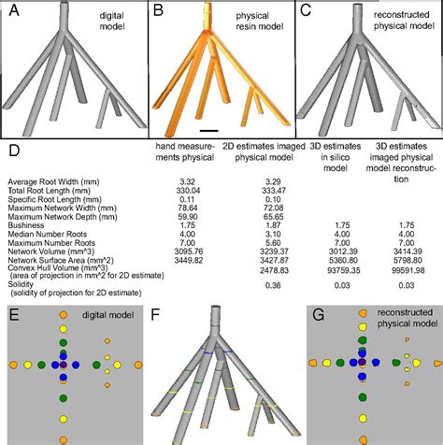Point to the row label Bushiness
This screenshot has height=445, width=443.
[x=25, y=222]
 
